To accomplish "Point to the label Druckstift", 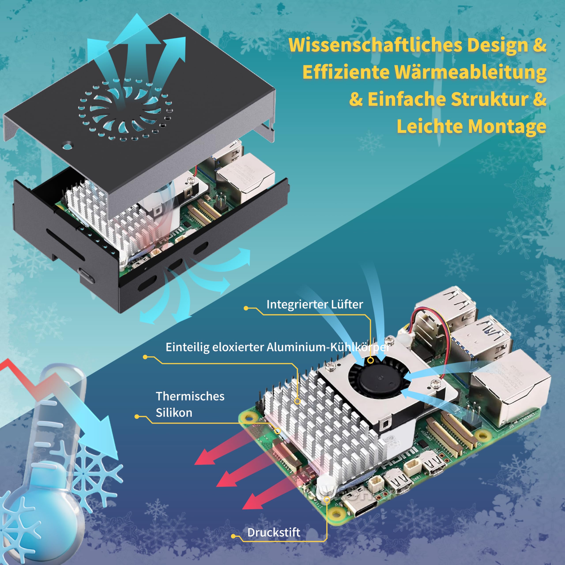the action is pos(273,533).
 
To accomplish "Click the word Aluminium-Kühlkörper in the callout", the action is pos(328,347).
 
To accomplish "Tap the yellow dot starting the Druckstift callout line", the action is pos(233,536).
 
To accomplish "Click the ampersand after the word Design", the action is pos(540,45).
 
